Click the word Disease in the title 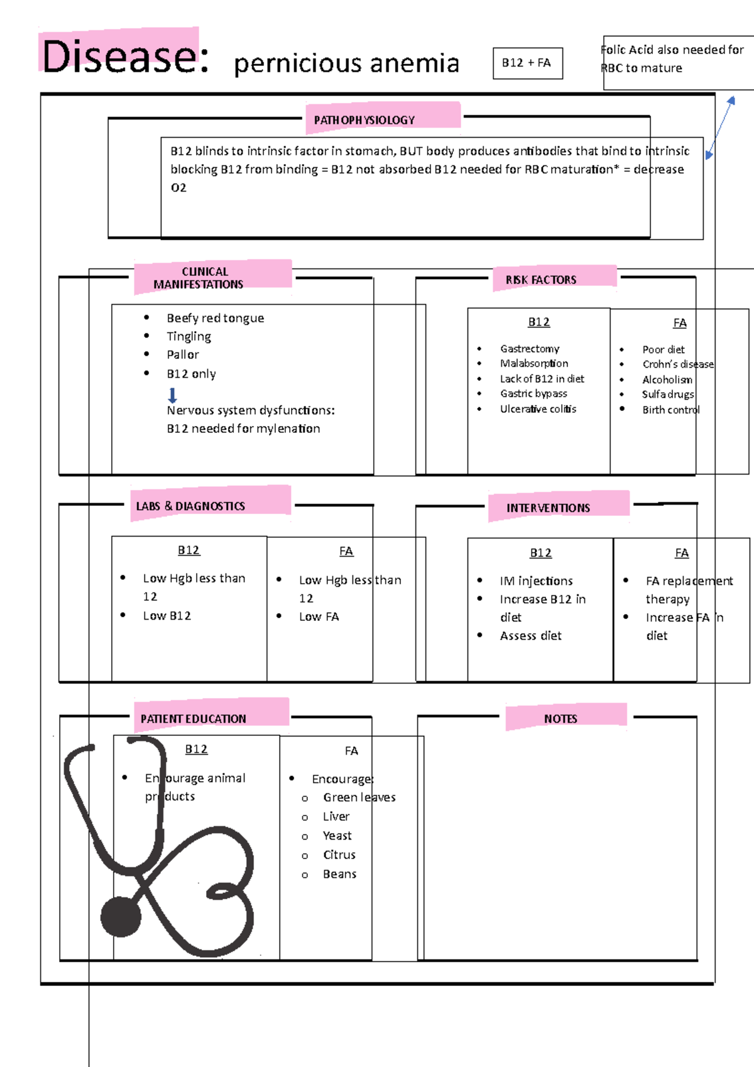[x=119, y=57]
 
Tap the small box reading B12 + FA [x=527, y=63]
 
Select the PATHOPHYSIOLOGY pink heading [x=364, y=120]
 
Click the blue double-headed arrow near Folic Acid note [x=720, y=127]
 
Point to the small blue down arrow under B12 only [x=173, y=395]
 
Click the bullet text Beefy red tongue [x=215, y=318]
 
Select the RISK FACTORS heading [x=540, y=280]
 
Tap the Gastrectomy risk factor [x=529, y=348]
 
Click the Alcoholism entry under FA [x=667, y=380]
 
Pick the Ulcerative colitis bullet [x=538, y=408]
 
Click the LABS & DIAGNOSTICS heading [x=190, y=506]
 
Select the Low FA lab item [x=319, y=616]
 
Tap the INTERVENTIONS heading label [x=548, y=508]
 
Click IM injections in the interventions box [x=536, y=581]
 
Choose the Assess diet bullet [x=530, y=635]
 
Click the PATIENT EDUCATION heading [x=193, y=718]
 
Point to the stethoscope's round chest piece [x=121, y=917]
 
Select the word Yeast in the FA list [x=337, y=835]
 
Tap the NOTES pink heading [x=560, y=718]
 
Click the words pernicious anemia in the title [x=346, y=63]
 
